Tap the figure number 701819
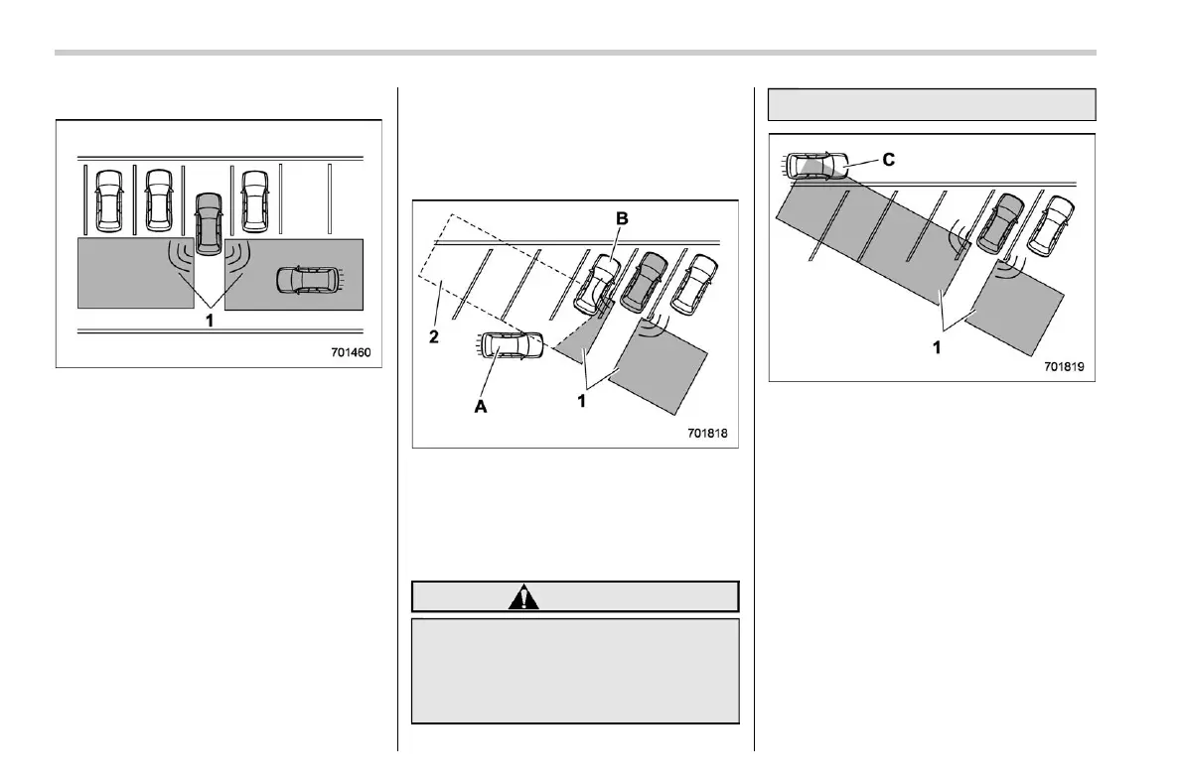(x=1063, y=365)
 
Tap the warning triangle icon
(x=522, y=596)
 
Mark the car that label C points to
(x=815, y=166)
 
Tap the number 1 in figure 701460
(x=209, y=321)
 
